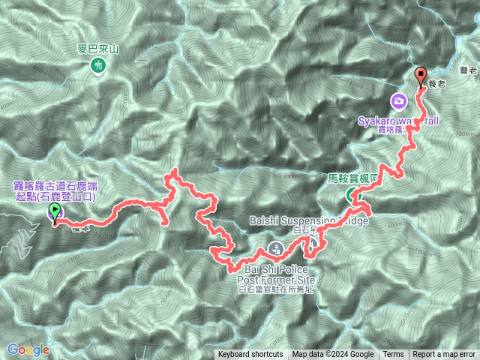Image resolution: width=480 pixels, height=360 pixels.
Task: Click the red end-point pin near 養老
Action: pos(421,76)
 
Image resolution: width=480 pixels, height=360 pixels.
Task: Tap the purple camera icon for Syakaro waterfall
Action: pos(399,100)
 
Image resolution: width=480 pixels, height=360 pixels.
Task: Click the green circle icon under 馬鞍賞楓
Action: pos(352,196)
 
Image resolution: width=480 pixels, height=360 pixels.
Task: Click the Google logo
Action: pos(28,349)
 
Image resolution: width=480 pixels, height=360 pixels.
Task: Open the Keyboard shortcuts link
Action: pos(250,355)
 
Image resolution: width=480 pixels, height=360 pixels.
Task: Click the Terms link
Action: pos(393,355)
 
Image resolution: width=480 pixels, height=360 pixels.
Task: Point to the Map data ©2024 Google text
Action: pos(333,355)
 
